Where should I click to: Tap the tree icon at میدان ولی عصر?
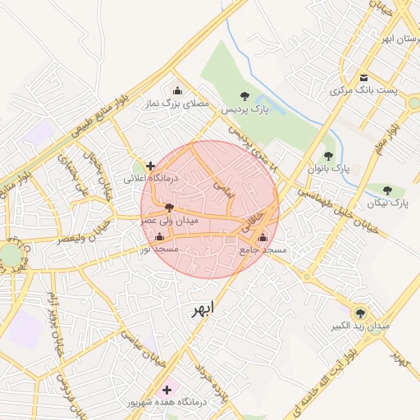click(x=169, y=208)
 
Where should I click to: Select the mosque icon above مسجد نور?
click(x=158, y=236)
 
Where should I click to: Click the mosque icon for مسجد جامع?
click(x=262, y=237)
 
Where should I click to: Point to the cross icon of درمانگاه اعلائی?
click(x=150, y=166)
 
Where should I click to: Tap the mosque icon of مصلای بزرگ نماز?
click(x=178, y=91)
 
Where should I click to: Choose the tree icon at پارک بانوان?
click(x=328, y=155)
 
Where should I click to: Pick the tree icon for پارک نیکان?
click(x=387, y=190)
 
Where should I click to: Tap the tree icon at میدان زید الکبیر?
click(x=359, y=313)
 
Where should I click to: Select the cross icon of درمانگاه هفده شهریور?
click(x=169, y=389)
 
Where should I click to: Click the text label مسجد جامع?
click(x=262, y=249)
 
